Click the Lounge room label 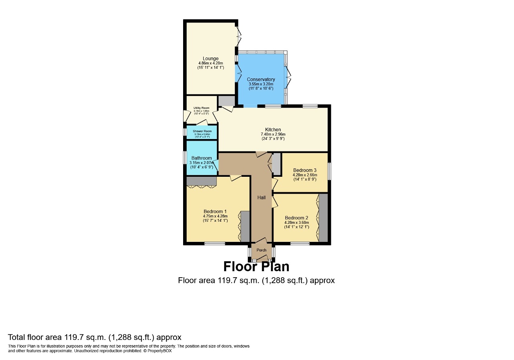pos(210,59)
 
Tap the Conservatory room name pos(261,80)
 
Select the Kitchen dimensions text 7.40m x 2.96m pos(273,134)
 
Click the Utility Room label pos(201,108)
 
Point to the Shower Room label pos(202,131)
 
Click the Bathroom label pos(201,158)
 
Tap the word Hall pos(261,197)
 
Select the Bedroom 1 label pos(215,211)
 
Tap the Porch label pos(261,250)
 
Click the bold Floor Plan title pos(256,267)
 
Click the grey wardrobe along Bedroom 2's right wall pos(323,218)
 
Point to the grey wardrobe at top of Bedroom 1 pos(201,181)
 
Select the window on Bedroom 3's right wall pos(329,171)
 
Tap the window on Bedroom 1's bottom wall pos(214,243)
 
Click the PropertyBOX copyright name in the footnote pos(159,351)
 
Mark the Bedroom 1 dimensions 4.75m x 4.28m pos(215,216)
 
